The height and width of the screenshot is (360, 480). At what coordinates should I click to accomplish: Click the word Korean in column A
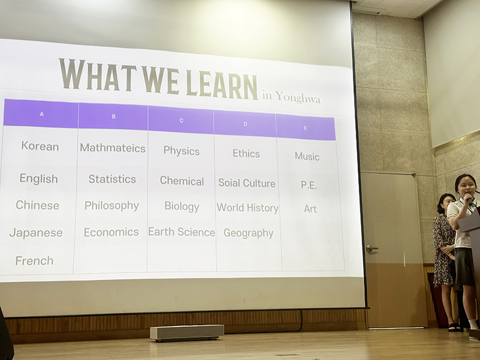(x=40, y=146)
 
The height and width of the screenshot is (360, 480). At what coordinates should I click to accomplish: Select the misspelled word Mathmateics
(x=113, y=148)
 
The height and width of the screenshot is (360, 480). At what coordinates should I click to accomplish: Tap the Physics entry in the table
(x=181, y=151)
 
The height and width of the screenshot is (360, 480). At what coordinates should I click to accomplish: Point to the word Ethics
(x=246, y=154)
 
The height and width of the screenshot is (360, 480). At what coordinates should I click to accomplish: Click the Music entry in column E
(x=307, y=157)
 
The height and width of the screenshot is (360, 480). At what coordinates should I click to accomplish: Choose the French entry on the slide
(x=34, y=261)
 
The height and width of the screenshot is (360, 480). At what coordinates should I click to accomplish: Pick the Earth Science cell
(x=182, y=232)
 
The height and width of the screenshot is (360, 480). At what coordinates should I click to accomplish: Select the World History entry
(x=247, y=208)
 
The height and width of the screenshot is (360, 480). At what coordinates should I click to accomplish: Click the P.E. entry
(x=308, y=185)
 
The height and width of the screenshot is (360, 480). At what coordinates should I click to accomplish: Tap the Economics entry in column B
(x=111, y=232)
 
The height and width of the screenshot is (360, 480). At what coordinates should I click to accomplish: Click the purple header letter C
(x=181, y=121)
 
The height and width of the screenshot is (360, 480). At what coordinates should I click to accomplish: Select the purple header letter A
(x=41, y=114)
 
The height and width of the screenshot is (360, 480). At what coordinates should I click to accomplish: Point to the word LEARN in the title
(x=221, y=83)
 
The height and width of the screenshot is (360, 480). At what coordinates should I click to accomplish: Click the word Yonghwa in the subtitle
(x=298, y=98)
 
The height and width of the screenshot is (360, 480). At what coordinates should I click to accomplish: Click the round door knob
(x=370, y=248)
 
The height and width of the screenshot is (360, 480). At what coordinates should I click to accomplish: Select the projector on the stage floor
(x=187, y=332)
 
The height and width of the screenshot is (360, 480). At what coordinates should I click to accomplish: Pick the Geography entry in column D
(x=248, y=233)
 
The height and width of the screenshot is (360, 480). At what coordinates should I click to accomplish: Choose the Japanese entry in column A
(x=36, y=233)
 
